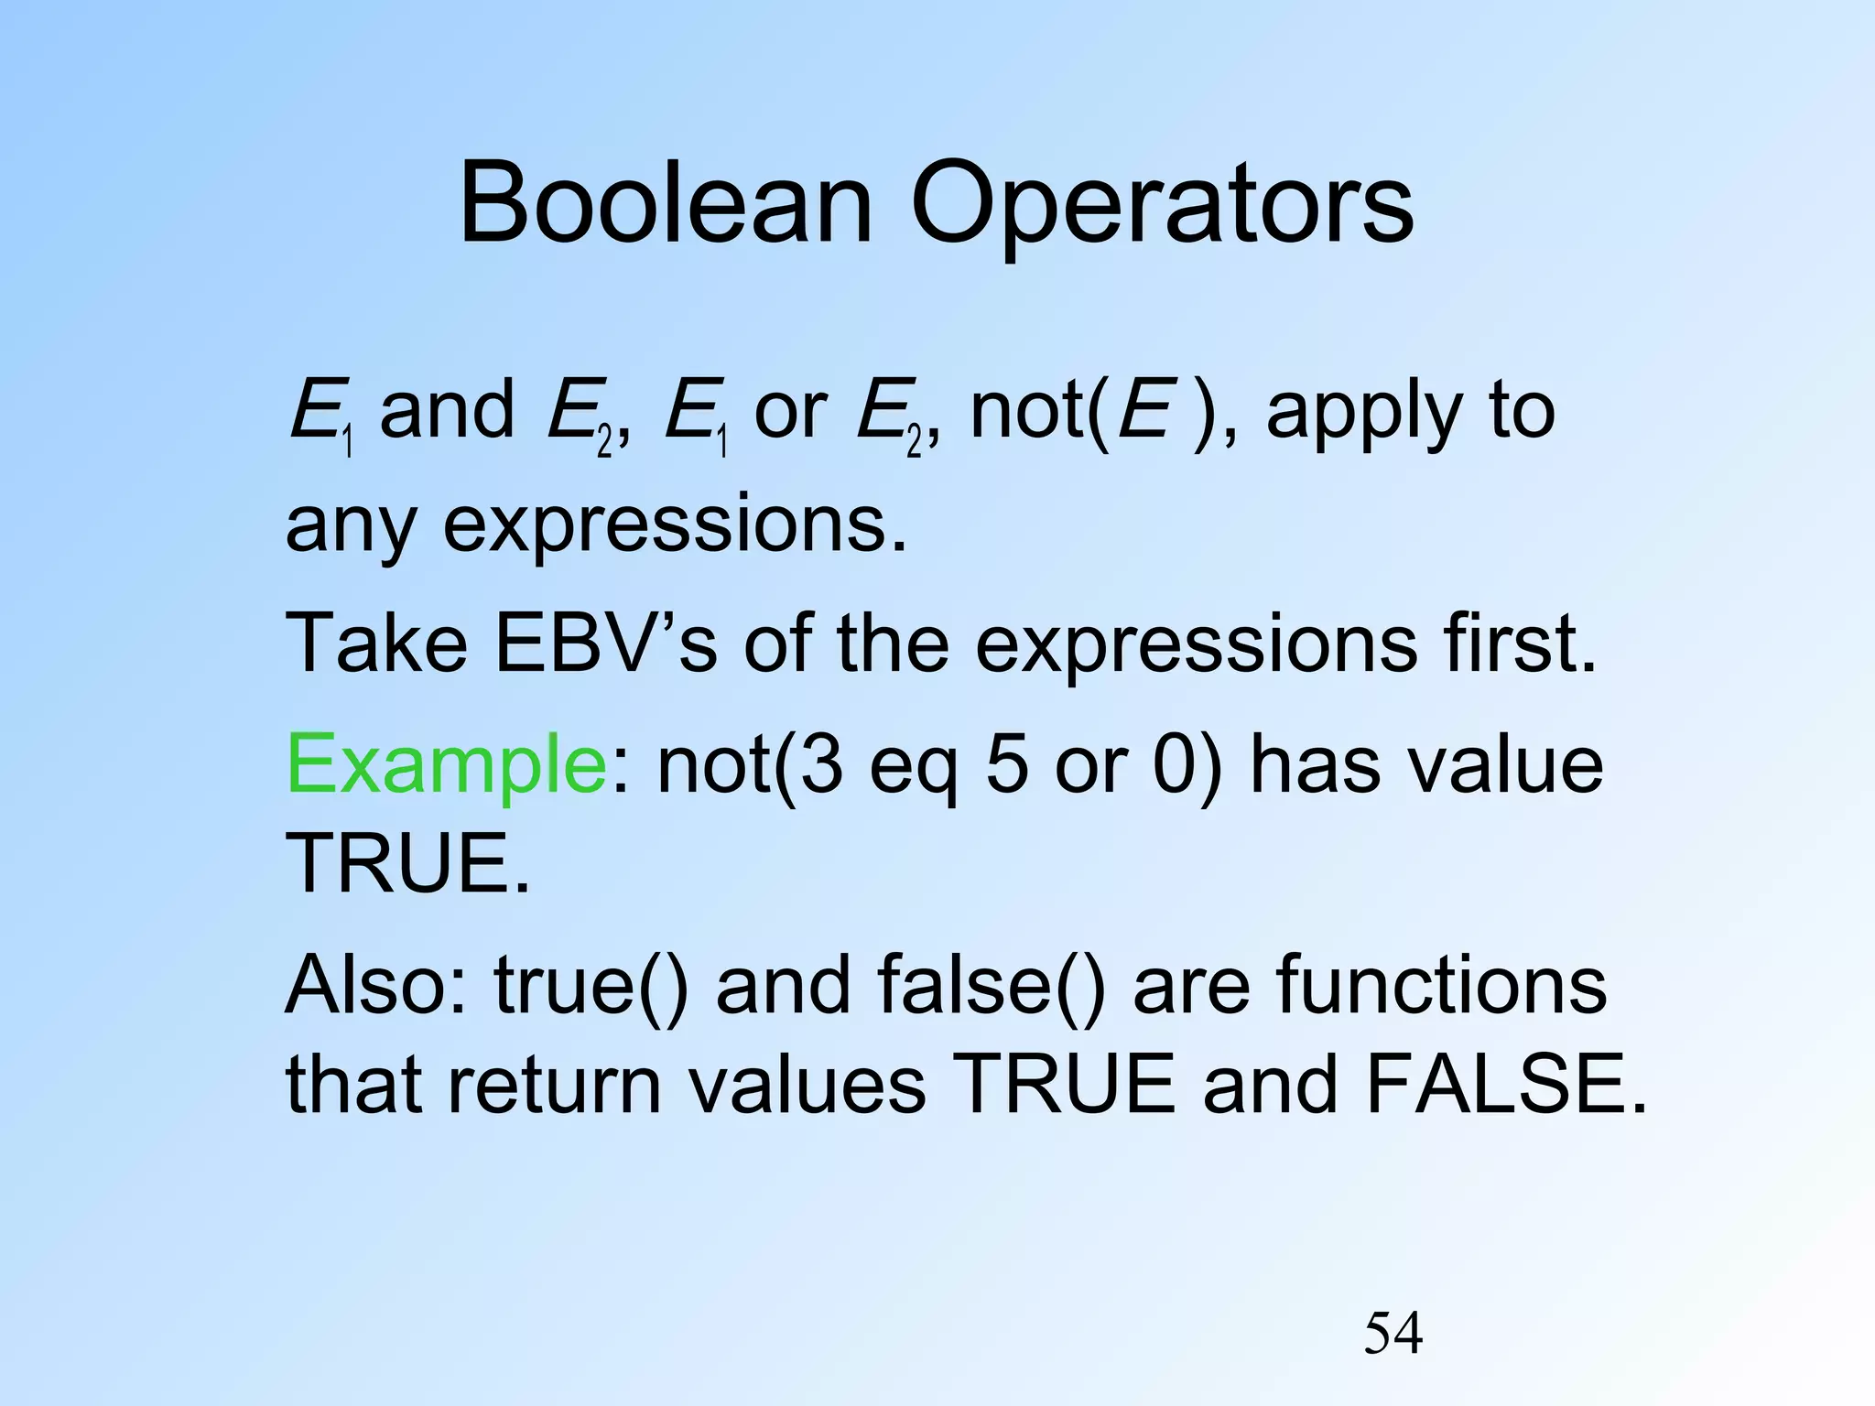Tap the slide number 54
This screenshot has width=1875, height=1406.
1393,1334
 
